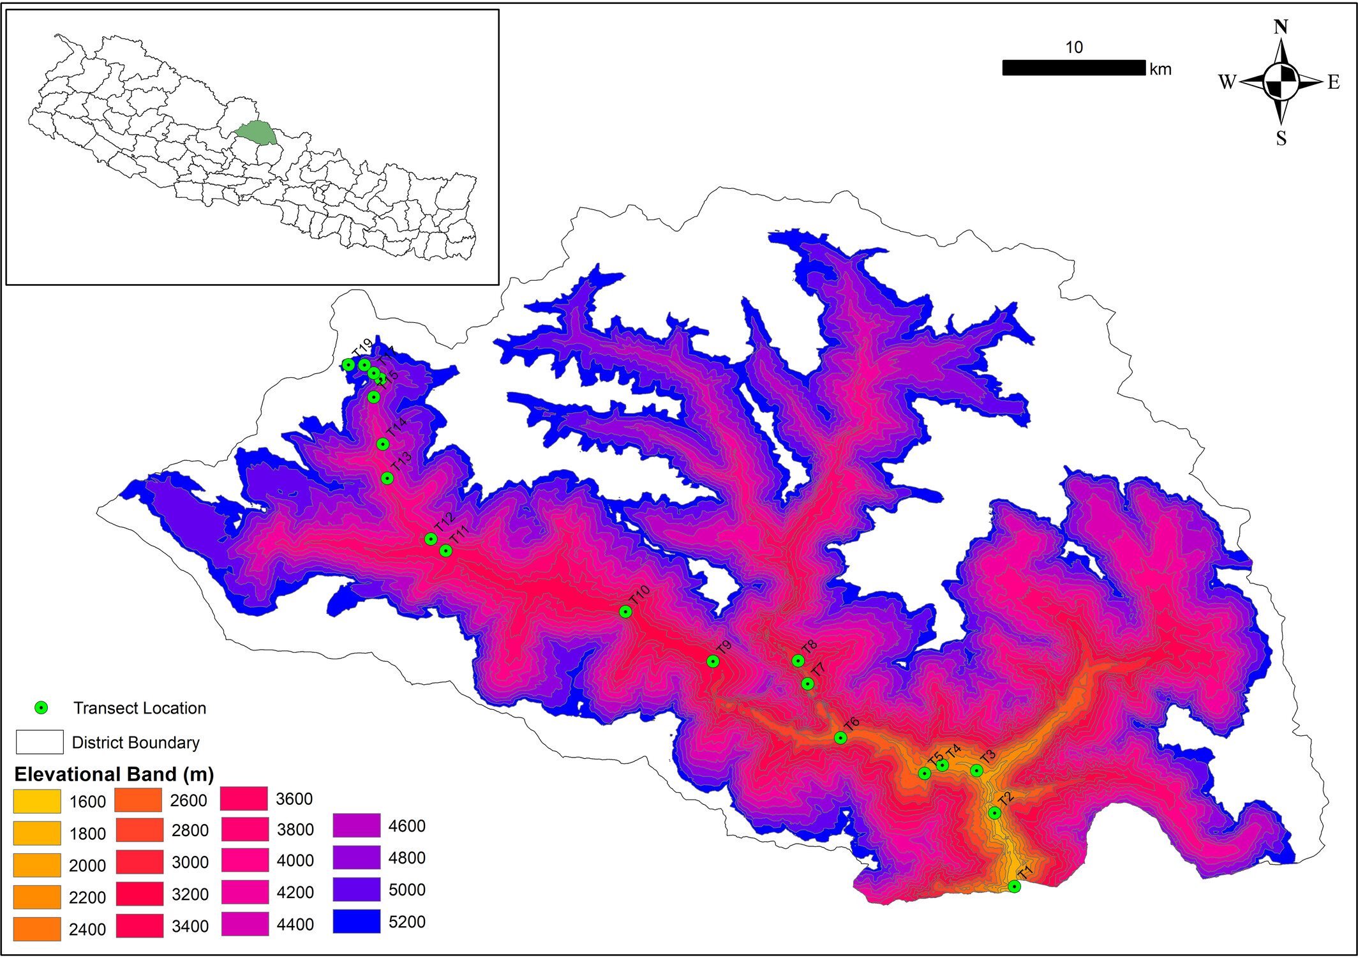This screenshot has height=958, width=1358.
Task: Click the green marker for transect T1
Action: tap(1014, 886)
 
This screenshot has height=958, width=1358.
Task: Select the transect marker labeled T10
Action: tap(625, 611)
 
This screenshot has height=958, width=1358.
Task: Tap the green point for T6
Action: tap(840, 738)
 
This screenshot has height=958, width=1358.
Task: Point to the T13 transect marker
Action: tap(387, 478)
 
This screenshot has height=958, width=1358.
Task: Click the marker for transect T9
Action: tap(713, 661)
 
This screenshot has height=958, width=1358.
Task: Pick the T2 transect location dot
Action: tap(994, 812)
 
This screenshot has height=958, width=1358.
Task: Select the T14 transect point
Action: tap(382, 444)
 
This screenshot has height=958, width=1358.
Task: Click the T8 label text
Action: tap(809, 647)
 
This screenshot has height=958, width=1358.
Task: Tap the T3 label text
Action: tap(988, 757)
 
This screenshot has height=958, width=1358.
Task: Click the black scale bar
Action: tap(1073, 68)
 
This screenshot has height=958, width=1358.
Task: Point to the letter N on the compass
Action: tap(1280, 27)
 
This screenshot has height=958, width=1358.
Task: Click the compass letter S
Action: tap(1281, 138)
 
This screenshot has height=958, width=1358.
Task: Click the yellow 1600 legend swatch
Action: tap(37, 801)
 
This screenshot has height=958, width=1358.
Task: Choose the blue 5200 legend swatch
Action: tap(356, 922)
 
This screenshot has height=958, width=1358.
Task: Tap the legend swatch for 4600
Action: tap(356, 825)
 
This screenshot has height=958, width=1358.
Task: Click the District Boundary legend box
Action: tap(40, 742)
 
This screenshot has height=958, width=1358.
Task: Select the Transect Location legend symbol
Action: tap(41, 707)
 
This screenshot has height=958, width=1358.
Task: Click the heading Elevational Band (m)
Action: tap(114, 774)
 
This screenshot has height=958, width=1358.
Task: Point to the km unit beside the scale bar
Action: tap(1160, 70)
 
